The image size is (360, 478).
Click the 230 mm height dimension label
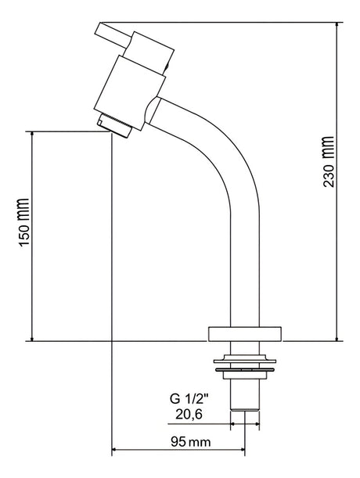(329, 161)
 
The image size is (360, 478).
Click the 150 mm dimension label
(23, 222)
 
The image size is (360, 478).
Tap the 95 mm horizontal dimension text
(190, 441)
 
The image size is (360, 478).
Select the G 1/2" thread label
(189, 399)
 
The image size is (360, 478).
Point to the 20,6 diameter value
(189, 415)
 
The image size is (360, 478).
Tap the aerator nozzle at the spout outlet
(114, 125)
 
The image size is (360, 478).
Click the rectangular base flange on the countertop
(244, 334)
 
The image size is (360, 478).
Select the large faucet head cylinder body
(129, 92)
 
